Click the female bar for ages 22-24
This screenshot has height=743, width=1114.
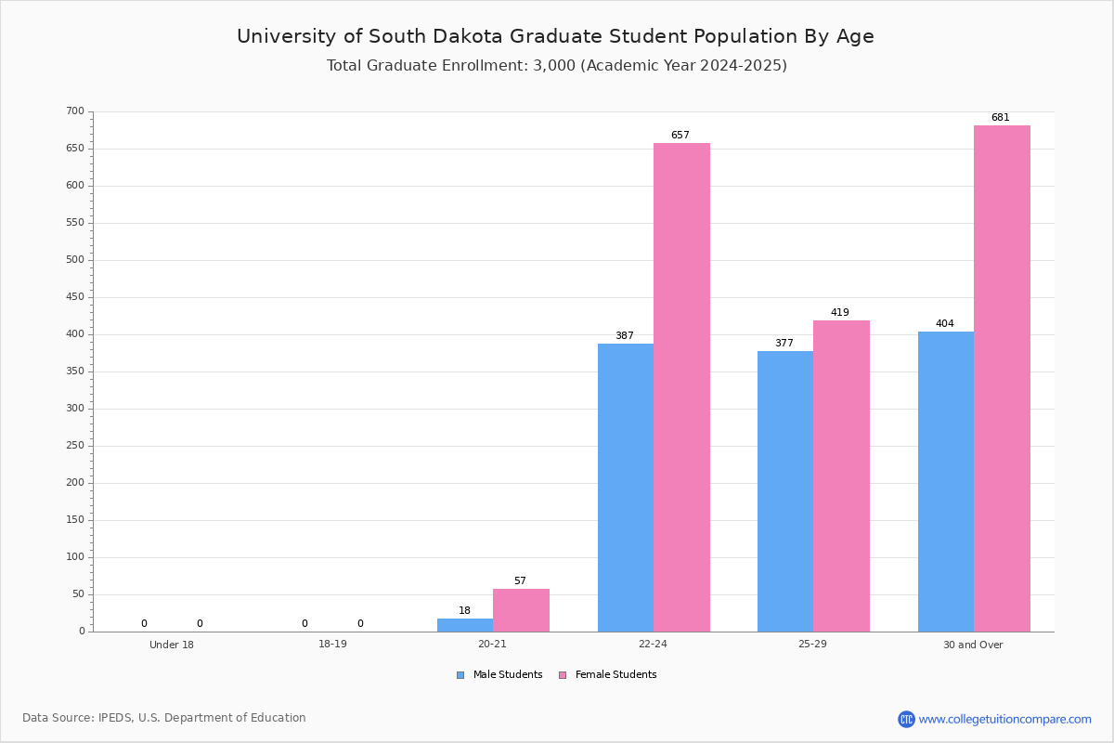tap(681, 387)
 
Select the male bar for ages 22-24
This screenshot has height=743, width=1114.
tap(626, 488)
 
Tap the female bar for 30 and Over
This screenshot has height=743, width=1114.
tap(1002, 378)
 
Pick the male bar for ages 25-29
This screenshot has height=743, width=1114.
tap(785, 491)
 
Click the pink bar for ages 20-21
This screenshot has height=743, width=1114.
tap(521, 610)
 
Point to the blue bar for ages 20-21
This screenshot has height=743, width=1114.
tap(465, 625)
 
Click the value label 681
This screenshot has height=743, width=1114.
tap(1000, 117)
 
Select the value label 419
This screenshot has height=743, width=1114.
tap(840, 313)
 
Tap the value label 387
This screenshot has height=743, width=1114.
tap(625, 336)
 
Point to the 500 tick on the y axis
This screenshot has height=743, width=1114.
tap(91, 260)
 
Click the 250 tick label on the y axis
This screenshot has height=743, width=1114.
tap(75, 446)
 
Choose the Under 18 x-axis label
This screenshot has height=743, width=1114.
tap(172, 645)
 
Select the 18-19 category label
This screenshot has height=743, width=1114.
tap(332, 644)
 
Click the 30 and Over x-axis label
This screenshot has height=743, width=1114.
tap(973, 645)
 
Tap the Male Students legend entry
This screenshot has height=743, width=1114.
tap(499, 675)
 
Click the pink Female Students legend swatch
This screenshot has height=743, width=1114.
tap(563, 675)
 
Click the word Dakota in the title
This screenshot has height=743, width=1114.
tap(468, 36)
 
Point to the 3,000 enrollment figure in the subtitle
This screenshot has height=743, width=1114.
tap(554, 66)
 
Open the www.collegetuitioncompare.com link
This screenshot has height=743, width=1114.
tap(1004, 719)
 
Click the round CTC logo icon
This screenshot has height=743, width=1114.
tap(906, 719)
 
